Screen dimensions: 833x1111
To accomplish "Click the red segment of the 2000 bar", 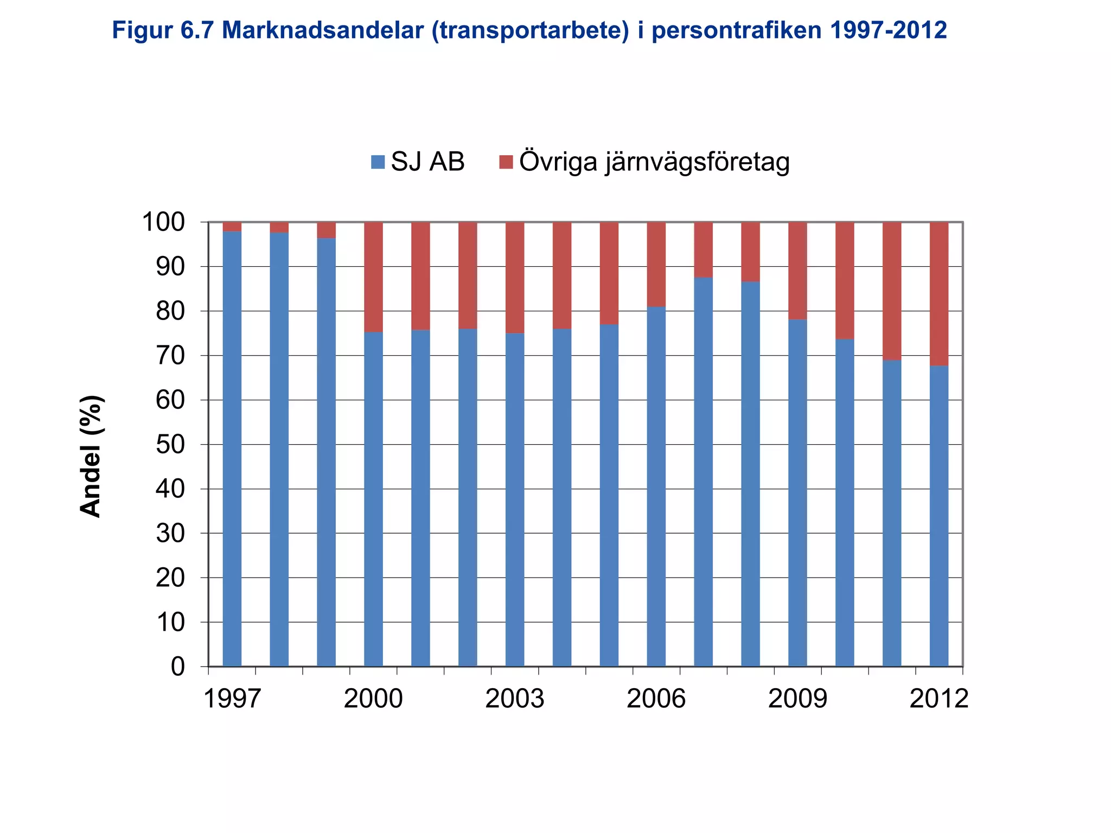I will coord(373,277).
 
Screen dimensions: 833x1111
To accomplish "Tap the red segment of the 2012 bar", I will coord(939,293).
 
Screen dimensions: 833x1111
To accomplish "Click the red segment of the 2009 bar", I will coord(797,271).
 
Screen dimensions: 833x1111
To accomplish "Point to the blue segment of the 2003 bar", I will coord(515,499).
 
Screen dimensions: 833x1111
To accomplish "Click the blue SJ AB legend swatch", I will coord(378,162).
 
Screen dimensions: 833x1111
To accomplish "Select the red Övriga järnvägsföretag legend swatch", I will coord(506,162).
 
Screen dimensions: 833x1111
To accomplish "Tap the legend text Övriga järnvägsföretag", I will coord(654,162).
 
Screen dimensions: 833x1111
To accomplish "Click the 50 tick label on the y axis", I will coord(170,445).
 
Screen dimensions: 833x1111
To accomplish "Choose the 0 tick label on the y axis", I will coord(178,667).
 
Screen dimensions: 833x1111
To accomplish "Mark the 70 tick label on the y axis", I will coord(170,356).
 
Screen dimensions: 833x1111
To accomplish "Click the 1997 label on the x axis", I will coord(232,699).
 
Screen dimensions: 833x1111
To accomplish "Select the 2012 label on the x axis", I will coord(939,699).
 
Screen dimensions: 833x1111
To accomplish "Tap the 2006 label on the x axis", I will coord(656,699).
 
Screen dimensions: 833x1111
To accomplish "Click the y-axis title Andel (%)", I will coord(91,456).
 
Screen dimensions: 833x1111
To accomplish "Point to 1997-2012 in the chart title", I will coord(888,30).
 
